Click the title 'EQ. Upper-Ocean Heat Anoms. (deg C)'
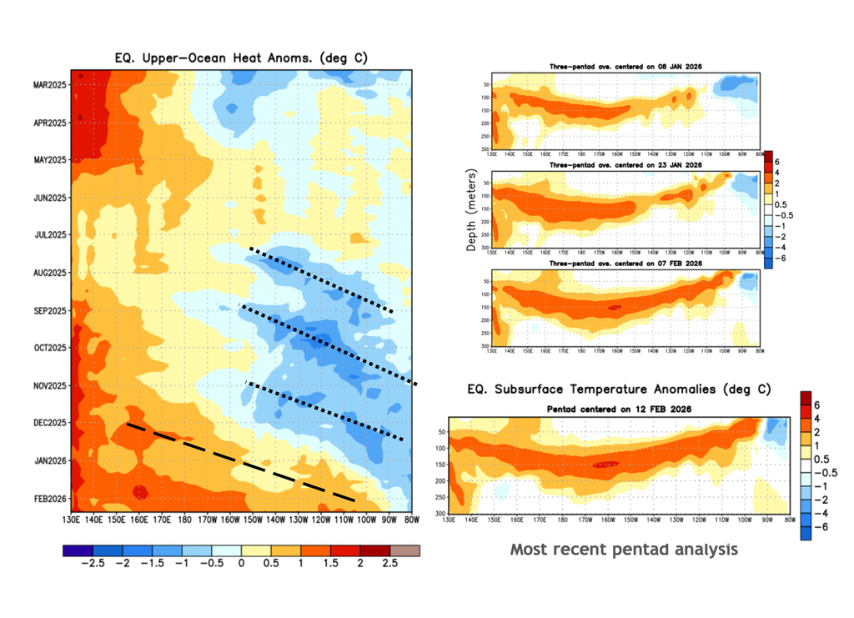point(241,58)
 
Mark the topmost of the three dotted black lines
point(321,279)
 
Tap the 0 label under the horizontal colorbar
point(241,565)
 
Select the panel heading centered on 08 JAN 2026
point(625,66)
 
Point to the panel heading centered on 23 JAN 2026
point(625,165)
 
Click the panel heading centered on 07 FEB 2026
point(625,264)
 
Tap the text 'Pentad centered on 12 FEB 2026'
point(618,408)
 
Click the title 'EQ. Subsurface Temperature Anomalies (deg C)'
point(618,389)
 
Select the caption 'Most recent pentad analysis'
point(624,550)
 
